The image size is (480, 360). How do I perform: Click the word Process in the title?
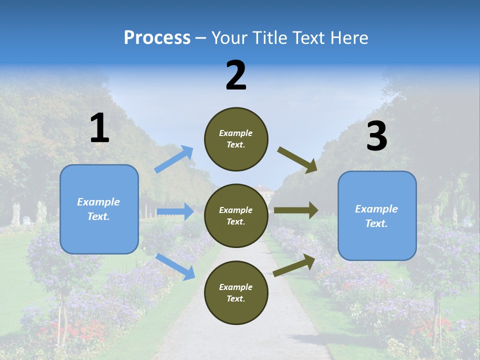click(157, 38)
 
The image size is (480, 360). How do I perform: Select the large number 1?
click(99, 128)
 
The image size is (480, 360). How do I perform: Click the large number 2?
click(236, 75)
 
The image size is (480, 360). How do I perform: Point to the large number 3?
click(376, 136)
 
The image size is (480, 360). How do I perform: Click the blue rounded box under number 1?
click(99, 209)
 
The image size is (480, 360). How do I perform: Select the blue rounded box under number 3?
click(377, 215)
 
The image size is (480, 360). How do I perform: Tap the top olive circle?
click(236, 139)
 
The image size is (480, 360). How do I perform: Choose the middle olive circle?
click(236, 215)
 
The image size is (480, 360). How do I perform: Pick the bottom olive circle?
click(236, 292)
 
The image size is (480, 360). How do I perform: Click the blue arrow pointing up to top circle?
click(173, 159)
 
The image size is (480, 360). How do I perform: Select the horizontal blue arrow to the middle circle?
click(175, 211)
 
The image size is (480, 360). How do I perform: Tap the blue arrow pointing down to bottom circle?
click(175, 266)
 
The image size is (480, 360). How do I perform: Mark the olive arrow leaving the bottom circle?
click(294, 265)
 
